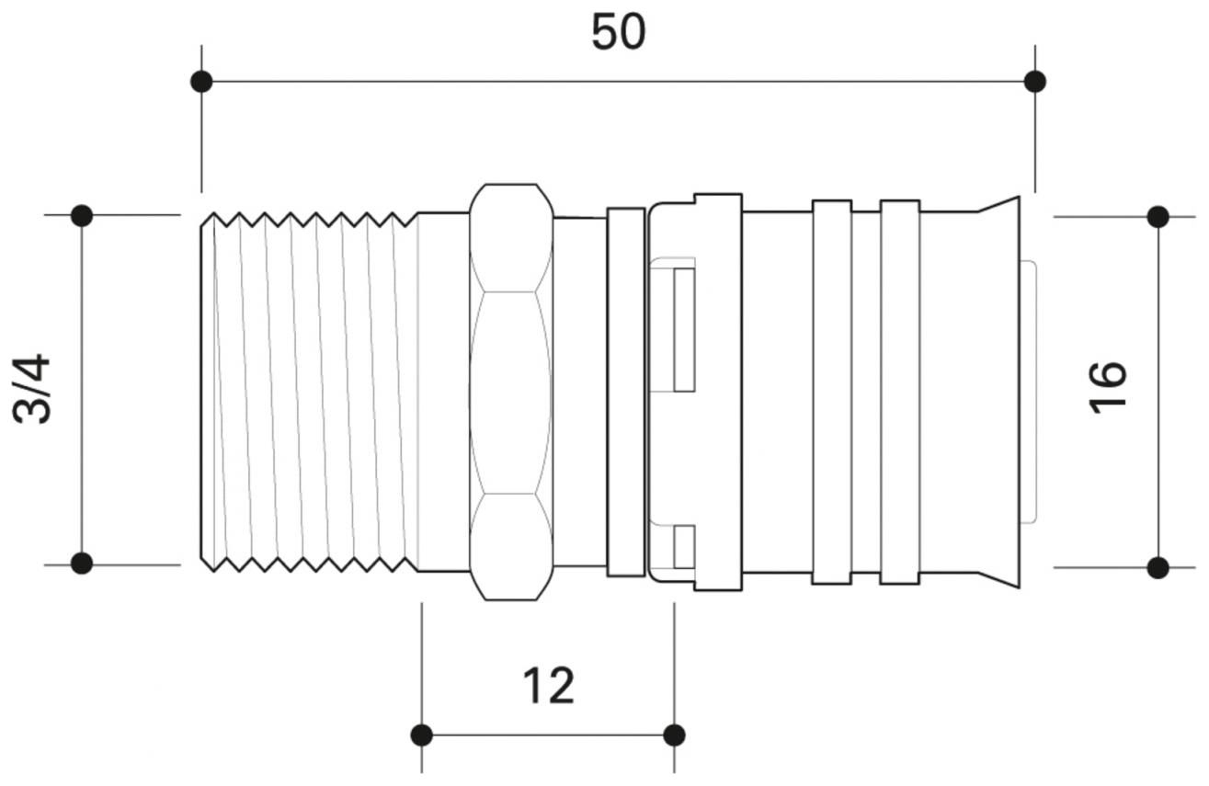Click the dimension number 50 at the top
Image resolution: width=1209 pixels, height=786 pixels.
tap(618, 33)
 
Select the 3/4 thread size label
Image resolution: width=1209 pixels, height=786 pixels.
tap(33, 389)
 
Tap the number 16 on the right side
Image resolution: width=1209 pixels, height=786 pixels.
tap(1108, 387)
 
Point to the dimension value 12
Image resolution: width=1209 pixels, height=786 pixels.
tap(548, 686)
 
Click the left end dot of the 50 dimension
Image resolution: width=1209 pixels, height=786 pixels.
tap(201, 82)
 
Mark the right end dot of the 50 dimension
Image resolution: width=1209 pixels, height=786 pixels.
tap(1035, 82)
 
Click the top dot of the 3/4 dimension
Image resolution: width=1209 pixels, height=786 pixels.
tap(82, 216)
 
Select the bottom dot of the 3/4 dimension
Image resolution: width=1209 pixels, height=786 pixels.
tap(82, 564)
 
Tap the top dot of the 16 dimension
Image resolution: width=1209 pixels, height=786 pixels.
tap(1158, 217)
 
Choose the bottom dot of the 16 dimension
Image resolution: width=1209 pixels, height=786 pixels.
tap(1158, 567)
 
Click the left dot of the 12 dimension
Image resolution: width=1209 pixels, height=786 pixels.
tap(422, 735)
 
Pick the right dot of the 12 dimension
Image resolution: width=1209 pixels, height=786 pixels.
tap(674, 735)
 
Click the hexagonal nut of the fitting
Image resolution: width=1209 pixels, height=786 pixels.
tap(511, 393)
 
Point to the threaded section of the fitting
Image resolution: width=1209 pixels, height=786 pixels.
tap(308, 391)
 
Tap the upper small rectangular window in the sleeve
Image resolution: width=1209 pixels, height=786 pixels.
tap(683, 329)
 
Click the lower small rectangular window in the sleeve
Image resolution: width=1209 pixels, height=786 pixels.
tap(683, 547)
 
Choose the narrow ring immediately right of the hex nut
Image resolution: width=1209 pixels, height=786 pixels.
tap(626, 393)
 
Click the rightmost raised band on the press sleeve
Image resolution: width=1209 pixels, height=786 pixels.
tap(900, 393)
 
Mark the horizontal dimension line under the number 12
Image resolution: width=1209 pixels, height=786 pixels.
tap(548, 735)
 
